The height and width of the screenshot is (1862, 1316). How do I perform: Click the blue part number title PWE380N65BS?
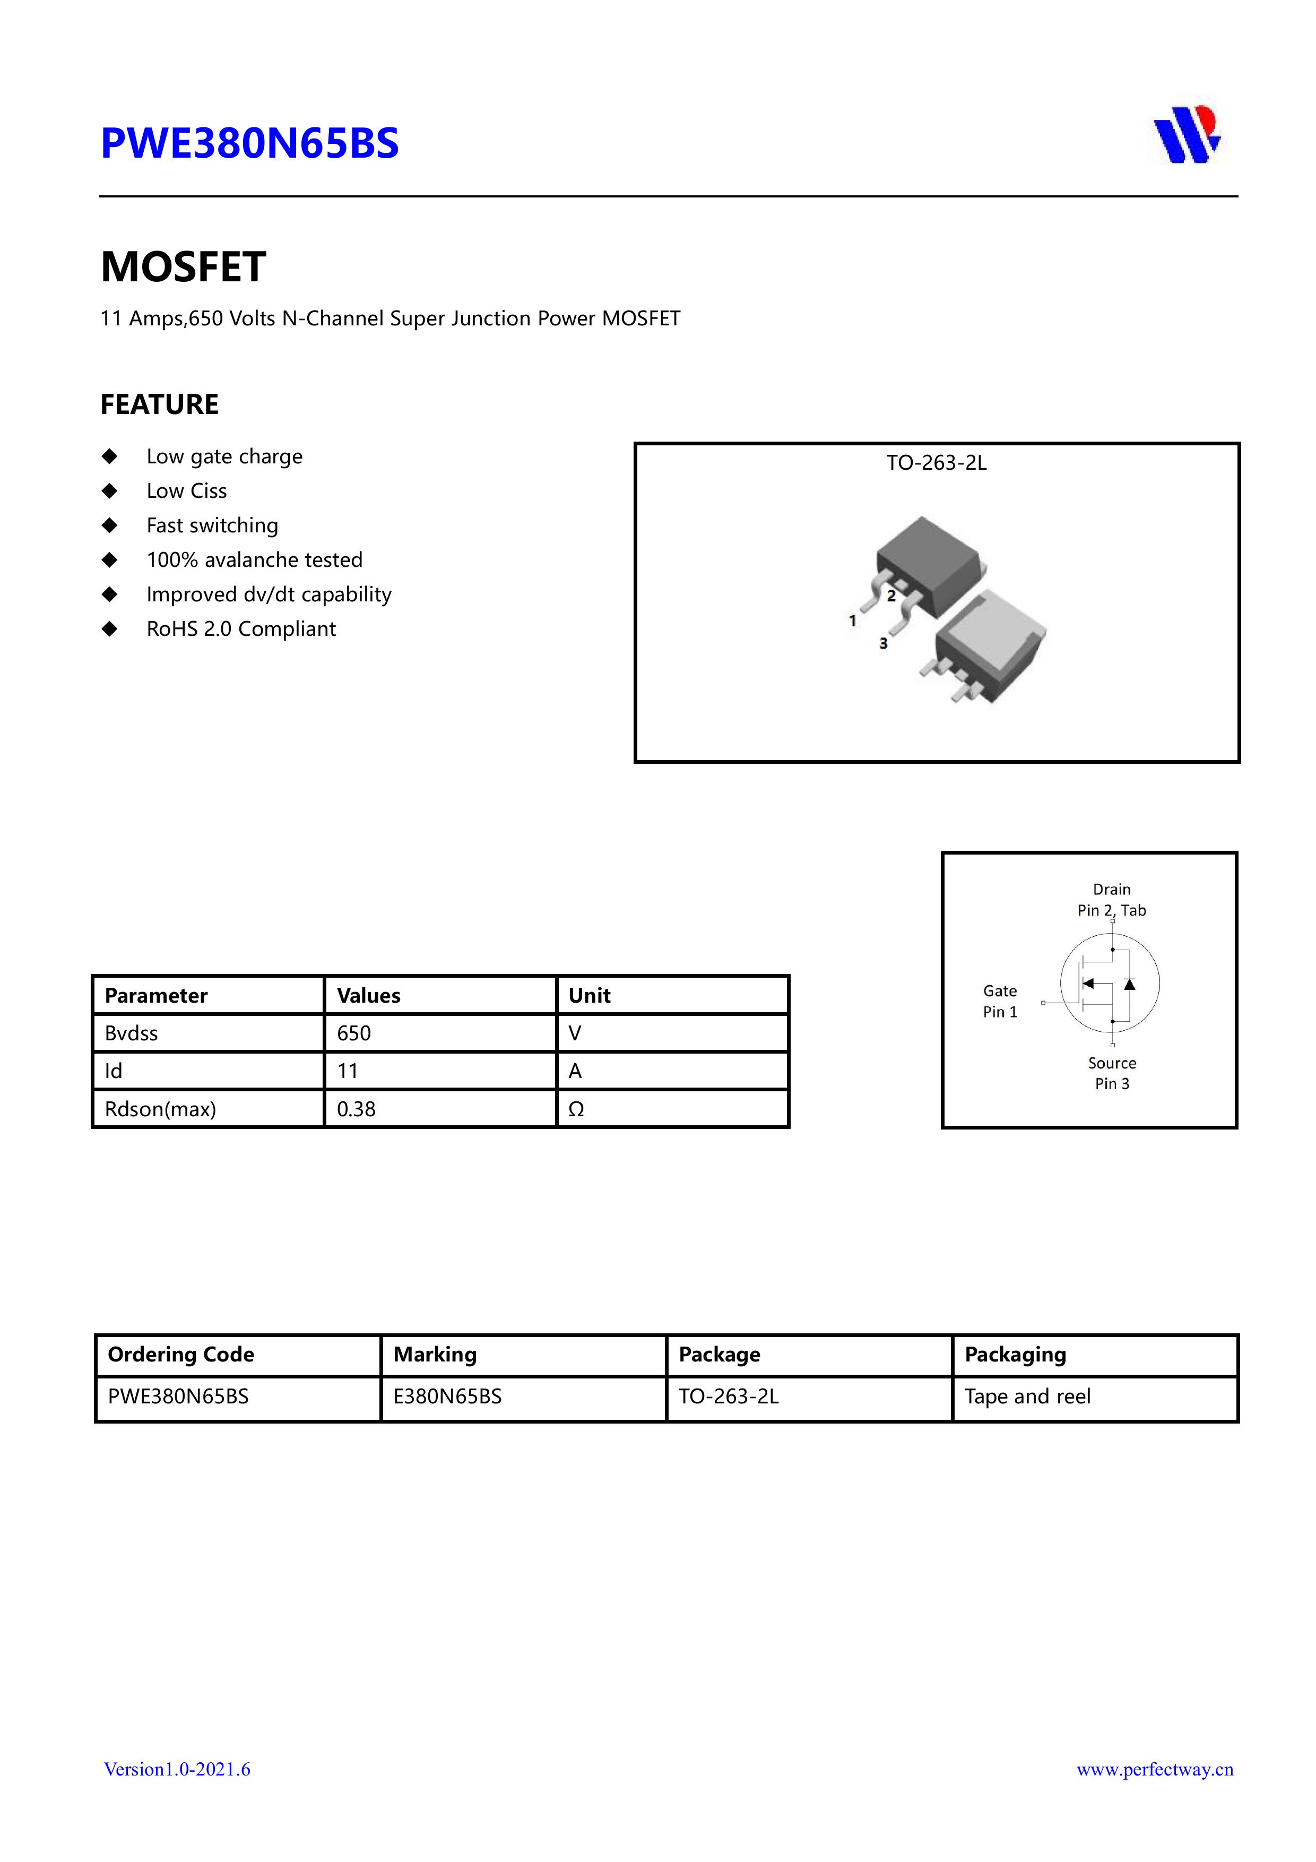point(249,143)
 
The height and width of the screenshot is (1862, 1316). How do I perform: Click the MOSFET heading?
point(183,267)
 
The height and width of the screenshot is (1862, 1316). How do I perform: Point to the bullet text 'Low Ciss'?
point(186,490)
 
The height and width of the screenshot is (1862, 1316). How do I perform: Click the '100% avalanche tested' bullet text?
point(254,559)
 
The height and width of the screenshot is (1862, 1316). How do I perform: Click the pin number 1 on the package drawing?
point(852,620)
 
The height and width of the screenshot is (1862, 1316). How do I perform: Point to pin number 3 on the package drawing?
point(883,643)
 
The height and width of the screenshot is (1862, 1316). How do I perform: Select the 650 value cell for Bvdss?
point(354,1033)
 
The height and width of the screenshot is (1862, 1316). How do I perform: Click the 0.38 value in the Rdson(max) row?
point(357,1109)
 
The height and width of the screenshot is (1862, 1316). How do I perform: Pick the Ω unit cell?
point(576,1109)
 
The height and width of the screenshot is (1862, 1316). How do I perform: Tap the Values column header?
point(369,995)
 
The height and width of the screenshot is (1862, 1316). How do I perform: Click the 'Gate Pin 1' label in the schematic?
point(1000,1001)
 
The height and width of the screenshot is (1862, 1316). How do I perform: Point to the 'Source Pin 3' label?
point(1112,1073)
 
